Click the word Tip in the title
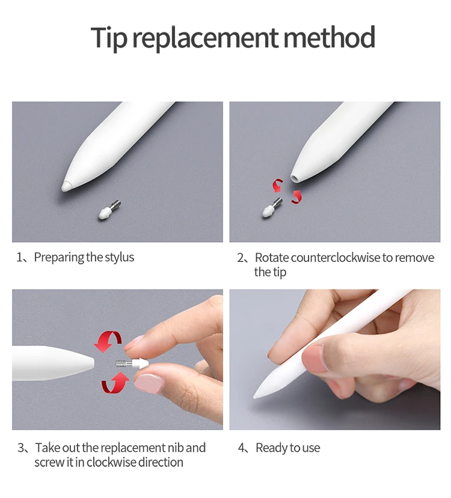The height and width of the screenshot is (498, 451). pos(109,37)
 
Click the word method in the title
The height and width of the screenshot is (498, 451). pos(329,37)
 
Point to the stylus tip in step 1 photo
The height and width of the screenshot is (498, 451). pos(67,186)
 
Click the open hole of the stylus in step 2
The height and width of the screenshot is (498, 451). pos(295,178)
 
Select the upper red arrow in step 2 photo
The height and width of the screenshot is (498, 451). pos(277,185)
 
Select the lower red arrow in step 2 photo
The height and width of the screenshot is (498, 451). pos(296,196)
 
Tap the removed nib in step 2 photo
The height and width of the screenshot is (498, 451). pos(272,208)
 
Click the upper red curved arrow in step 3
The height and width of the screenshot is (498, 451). pos(108,341)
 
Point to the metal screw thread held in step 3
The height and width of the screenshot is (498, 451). pos(121,363)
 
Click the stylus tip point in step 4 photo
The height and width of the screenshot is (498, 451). pos(255,397)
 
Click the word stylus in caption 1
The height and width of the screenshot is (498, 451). pos(120,257)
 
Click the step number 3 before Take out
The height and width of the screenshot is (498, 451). pos(21,448)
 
